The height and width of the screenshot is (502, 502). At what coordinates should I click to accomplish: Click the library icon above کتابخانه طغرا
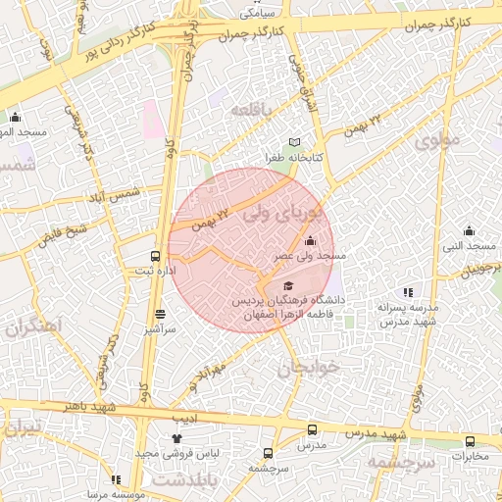[x=294, y=143]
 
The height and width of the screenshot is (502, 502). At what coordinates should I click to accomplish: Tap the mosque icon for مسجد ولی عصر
[x=311, y=240]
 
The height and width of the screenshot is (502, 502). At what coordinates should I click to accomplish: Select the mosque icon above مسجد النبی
[x=469, y=231]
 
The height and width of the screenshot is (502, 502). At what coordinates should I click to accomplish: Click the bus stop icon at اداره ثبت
[x=155, y=256]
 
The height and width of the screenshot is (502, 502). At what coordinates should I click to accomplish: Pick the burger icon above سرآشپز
[x=160, y=315]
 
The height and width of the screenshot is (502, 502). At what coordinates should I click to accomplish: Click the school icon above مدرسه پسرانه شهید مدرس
[x=408, y=291]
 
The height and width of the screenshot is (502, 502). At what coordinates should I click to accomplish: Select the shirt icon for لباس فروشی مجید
[x=176, y=438]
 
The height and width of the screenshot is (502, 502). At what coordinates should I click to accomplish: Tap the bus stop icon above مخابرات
[x=470, y=441]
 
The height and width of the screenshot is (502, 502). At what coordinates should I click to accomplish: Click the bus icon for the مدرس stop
[x=312, y=429]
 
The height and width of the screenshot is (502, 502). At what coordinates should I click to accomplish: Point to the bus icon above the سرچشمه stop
[x=268, y=453]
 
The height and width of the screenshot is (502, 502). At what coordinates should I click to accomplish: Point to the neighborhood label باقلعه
[x=253, y=111]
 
